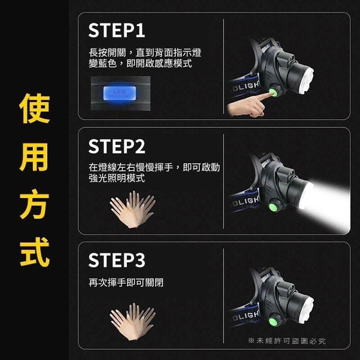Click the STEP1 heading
[117, 30]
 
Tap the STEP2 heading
[117, 146]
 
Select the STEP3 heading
[117, 260]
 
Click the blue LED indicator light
[120, 93]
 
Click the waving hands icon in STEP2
[132, 209]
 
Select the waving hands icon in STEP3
[132, 322]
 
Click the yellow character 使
[35, 108]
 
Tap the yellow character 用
[35, 157]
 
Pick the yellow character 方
[35, 204]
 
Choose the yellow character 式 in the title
[35, 252]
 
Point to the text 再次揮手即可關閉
[126, 282]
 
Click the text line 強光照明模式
[117, 178]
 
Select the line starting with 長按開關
[145, 52]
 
